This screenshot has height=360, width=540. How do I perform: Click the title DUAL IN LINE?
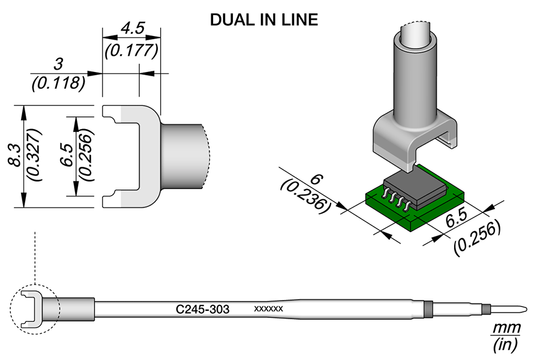click(263, 20)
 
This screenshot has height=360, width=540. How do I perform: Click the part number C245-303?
click(203, 309)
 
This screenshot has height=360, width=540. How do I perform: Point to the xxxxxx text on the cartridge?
click(269, 309)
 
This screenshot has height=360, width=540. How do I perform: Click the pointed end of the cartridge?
click(524, 310)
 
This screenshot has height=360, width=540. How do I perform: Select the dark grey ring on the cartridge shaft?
click(428, 309)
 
